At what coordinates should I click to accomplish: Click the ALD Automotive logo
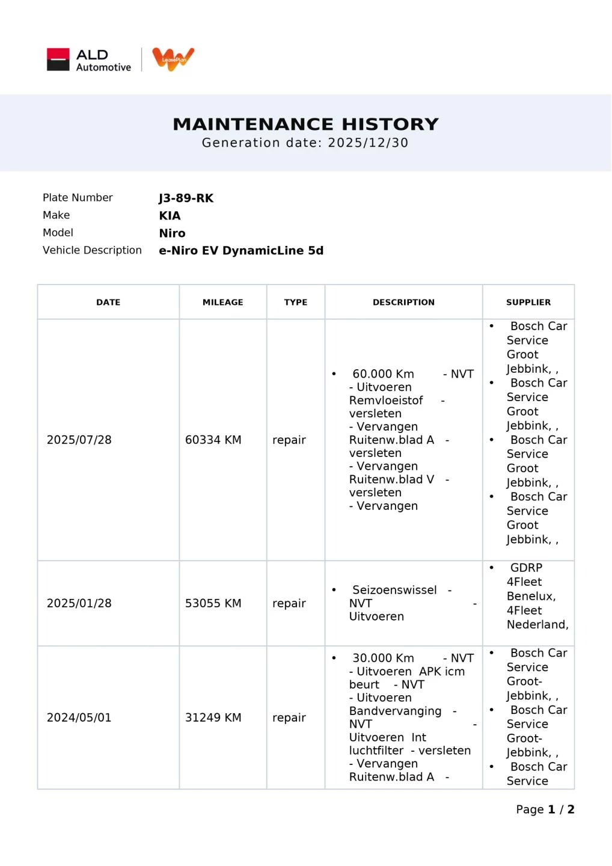pyautogui.click(x=89, y=60)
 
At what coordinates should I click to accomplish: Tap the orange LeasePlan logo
pyautogui.click(x=173, y=59)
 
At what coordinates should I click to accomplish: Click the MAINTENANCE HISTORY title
pyautogui.click(x=305, y=124)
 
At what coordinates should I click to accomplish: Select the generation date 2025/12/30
pyautogui.click(x=368, y=143)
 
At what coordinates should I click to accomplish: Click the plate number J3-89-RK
pyautogui.click(x=186, y=198)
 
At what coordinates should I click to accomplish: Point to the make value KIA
pyautogui.click(x=170, y=215)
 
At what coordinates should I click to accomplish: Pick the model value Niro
pyautogui.click(x=172, y=233)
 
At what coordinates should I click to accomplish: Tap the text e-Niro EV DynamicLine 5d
pyautogui.click(x=241, y=250)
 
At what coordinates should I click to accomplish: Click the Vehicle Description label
pyautogui.click(x=92, y=250)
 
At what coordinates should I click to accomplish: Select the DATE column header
pyautogui.click(x=108, y=302)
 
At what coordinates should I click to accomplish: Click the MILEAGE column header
pyautogui.click(x=222, y=302)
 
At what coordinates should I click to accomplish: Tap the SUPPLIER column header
pyautogui.click(x=528, y=302)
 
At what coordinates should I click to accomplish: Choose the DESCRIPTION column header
pyautogui.click(x=403, y=302)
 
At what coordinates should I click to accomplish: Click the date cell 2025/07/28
pyautogui.click(x=79, y=440)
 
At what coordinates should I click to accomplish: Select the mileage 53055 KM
pyautogui.click(x=213, y=603)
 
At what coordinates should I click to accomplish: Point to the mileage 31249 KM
pyautogui.click(x=213, y=717)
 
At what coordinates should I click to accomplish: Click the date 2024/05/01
pyautogui.click(x=79, y=717)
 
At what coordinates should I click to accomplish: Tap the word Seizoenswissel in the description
pyautogui.click(x=394, y=590)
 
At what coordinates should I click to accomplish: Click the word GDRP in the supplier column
pyautogui.click(x=526, y=568)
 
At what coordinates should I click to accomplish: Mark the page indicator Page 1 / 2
pyautogui.click(x=545, y=809)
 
